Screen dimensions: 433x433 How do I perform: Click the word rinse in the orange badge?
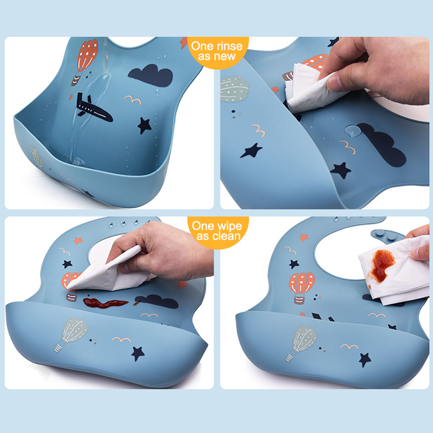(228, 46)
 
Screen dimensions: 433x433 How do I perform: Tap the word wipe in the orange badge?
(228, 226)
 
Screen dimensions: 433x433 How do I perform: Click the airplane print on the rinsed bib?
(94, 108)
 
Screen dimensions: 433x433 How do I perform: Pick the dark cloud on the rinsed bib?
(151, 75)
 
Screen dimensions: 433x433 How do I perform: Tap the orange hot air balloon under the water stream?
(85, 61)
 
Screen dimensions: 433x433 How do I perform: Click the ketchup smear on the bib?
(105, 303)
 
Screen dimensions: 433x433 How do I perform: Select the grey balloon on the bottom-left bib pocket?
(71, 333)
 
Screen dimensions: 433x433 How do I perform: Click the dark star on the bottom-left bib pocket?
(137, 354)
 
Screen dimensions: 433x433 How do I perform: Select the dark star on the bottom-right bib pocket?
(365, 360)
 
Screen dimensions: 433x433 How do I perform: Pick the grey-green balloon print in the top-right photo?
(234, 89)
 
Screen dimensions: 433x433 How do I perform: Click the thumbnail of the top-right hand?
(333, 83)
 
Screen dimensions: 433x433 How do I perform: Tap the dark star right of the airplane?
(144, 126)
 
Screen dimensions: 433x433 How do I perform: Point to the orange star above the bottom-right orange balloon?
(304, 237)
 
